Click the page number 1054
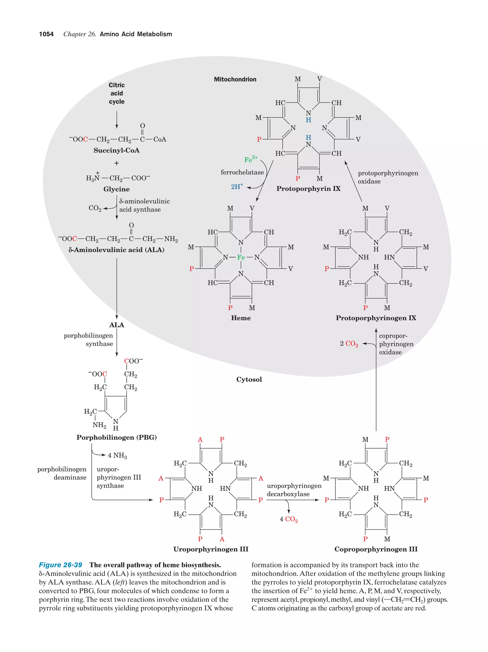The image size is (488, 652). point(46,34)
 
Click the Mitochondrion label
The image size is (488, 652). point(235,79)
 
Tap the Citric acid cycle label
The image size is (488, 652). point(117,93)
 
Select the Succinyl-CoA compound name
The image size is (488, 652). point(116,150)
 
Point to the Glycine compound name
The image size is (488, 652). point(116,189)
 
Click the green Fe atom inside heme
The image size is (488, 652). point(241,257)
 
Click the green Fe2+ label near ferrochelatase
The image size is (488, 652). point(251,159)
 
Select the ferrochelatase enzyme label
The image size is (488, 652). point(242,172)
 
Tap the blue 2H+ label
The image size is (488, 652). point(237,186)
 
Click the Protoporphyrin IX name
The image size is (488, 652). point(308,189)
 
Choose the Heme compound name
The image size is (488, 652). point(241,318)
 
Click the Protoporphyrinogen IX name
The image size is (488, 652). point(376,318)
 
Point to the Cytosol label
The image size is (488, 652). point(249,379)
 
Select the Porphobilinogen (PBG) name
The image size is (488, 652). point(116,437)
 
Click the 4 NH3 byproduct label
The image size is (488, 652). point(117,455)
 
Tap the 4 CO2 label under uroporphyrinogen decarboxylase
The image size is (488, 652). point(288,519)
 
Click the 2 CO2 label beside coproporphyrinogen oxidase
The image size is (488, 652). point(349,344)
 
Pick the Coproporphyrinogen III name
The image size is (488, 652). point(376,549)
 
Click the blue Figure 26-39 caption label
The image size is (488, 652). point(61,565)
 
